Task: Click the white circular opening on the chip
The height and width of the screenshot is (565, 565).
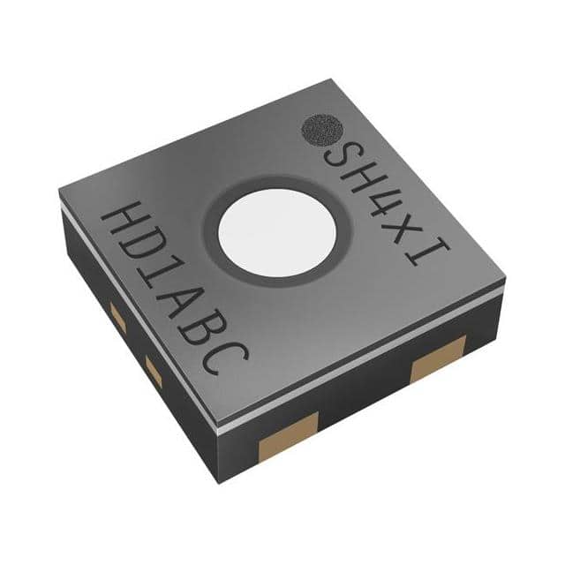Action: [277, 232]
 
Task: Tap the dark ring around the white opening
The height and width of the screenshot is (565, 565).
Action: [211, 230]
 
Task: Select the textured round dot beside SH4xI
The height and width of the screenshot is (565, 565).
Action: [322, 131]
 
